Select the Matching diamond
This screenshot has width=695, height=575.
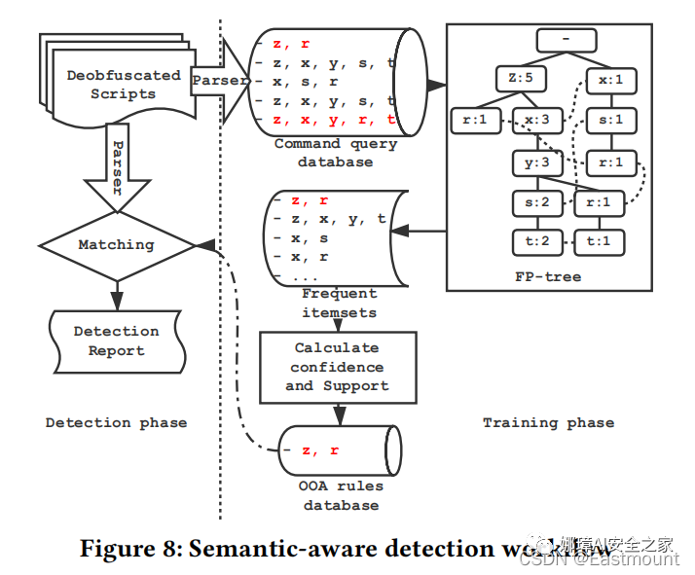click(116, 245)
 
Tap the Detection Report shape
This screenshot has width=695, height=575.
click(116, 341)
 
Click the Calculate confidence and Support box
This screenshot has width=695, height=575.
click(337, 367)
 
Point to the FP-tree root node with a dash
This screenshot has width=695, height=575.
click(566, 41)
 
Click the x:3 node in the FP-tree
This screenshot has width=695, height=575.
click(539, 121)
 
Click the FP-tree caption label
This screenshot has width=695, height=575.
click(548, 276)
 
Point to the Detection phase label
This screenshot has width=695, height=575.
click(116, 423)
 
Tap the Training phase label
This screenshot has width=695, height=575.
click(548, 423)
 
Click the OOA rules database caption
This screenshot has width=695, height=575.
click(341, 495)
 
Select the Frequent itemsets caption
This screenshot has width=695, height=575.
click(339, 303)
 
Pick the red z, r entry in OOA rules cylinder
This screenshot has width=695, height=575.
click(320, 450)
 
